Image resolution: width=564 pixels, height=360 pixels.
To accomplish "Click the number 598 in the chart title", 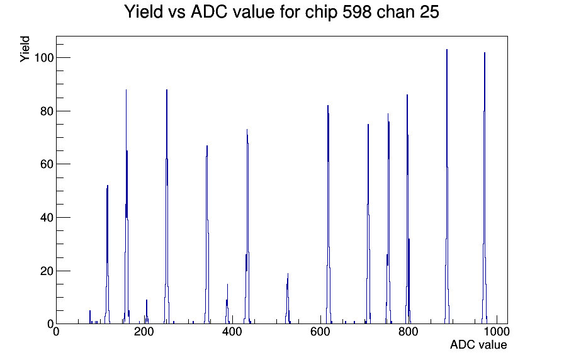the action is [356, 12].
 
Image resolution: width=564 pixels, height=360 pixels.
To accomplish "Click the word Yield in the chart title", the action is [144, 12].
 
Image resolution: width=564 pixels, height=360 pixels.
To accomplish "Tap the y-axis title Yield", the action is [25, 49].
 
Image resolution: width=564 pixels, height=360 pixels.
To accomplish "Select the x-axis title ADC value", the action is [478, 344].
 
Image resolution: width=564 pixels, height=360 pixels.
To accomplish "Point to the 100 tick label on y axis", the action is [43, 57].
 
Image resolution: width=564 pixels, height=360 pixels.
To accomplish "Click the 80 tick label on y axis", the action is [47, 111].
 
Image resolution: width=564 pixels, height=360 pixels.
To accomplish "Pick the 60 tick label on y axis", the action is [47, 164].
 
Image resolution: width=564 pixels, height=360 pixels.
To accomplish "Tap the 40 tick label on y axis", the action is [47, 218].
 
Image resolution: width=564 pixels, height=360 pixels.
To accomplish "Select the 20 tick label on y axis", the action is [47, 271].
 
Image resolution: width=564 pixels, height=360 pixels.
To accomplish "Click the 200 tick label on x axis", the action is [144, 332].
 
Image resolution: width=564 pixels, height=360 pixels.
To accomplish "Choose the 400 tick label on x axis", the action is [232, 332].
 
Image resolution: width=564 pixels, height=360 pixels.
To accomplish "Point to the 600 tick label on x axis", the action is [320, 332].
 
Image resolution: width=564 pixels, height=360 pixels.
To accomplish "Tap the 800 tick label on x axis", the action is [409, 332].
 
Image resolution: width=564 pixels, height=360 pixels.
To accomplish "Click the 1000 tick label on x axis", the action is [497, 332].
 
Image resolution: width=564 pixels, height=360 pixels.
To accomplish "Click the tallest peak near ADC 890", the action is [447, 186].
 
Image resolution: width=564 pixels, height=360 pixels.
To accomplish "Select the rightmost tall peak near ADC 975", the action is [485, 188].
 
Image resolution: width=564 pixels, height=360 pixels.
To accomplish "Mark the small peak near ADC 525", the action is [288, 298].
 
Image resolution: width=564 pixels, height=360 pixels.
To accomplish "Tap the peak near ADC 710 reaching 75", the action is [368, 223].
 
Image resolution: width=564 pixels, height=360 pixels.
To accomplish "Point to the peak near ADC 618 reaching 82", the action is [328, 215].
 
